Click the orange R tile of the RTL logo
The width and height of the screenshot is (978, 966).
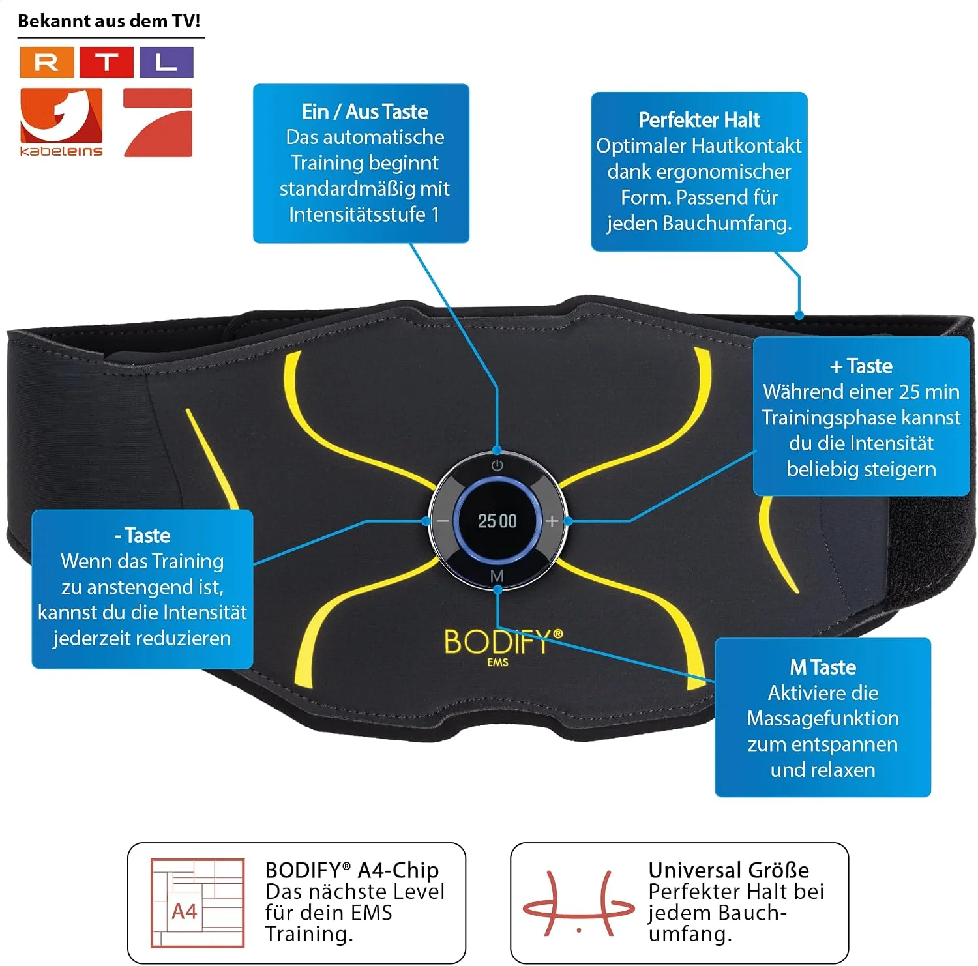[x=46, y=63]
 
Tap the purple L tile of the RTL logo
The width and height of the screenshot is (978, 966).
[x=166, y=63]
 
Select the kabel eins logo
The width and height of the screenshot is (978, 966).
[x=61, y=123]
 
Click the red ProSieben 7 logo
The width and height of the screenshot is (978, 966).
[x=158, y=123]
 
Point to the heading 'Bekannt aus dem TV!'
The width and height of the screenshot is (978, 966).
[x=109, y=21]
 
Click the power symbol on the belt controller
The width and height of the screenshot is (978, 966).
[x=497, y=465]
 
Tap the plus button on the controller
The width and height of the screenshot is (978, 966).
[x=552, y=521]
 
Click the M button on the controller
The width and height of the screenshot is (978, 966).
[x=497, y=576]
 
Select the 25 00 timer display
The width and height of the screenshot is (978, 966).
[x=497, y=521]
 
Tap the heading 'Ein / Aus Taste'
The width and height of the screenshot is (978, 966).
[x=364, y=111]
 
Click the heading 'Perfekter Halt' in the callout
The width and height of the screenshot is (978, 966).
[x=699, y=120]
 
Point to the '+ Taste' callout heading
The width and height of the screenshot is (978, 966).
[x=861, y=366]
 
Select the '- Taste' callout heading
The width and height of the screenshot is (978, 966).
[x=142, y=536]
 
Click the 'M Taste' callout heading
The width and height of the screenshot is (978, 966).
[x=823, y=667]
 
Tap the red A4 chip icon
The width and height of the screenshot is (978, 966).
[x=198, y=903]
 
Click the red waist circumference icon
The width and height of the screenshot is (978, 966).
[x=579, y=903]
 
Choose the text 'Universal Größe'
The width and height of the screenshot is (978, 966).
[x=729, y=870]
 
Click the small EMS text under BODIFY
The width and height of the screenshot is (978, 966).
[x=497, y=662]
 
